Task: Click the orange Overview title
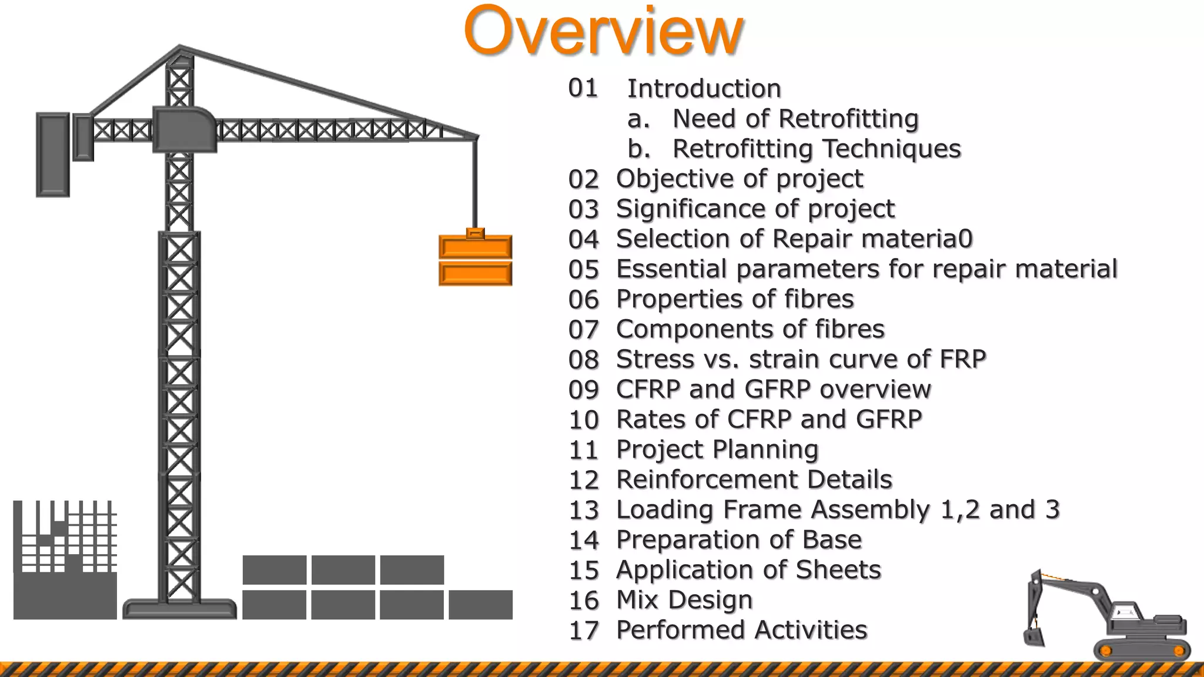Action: click(x=604, y=31)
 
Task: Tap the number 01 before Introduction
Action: click(x=583, y=88)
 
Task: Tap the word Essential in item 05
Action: click(x=671, y=269)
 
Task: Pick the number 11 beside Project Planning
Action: click(x=583, y=450)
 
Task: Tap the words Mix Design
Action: click(x=684, y=600)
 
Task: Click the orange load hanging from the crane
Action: click(x=475, y=260)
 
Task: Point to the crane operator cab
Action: click(x=184, y=129)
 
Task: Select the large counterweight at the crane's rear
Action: click(x=53, y=155)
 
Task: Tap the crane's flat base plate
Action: click(x=179, y=608)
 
